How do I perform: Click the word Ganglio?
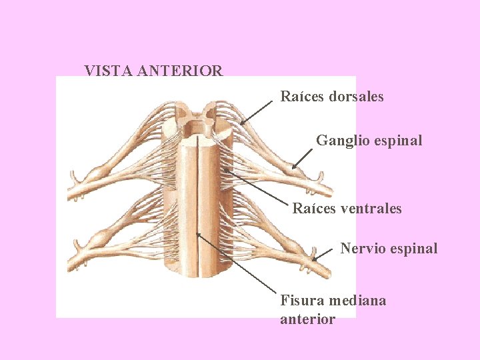(x=341, y=141)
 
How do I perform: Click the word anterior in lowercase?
(x=307, y=319)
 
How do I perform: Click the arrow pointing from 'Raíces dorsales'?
(x=257, y=112)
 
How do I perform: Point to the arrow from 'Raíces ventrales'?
(x=257, y=186)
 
